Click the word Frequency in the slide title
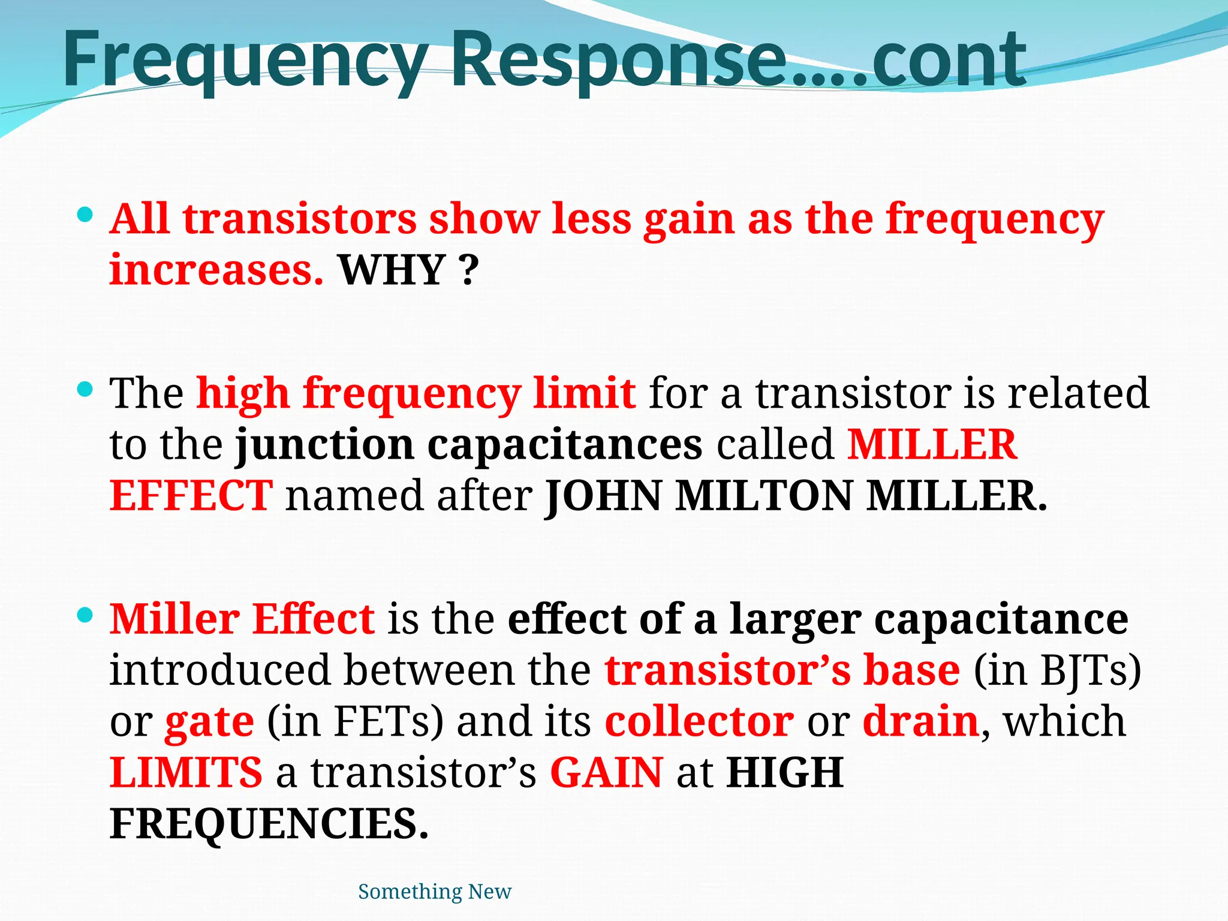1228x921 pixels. (243, 60)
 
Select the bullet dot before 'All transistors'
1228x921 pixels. (86, 214)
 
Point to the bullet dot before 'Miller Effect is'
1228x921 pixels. (86, 615)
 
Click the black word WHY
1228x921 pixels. (392, 270)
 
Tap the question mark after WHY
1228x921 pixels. (471, 270)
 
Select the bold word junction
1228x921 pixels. (324, 445)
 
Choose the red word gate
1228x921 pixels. (209, 723)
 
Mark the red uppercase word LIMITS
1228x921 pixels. (186, 773)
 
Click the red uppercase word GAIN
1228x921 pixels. (606, 773)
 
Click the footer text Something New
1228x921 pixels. (435, 892)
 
